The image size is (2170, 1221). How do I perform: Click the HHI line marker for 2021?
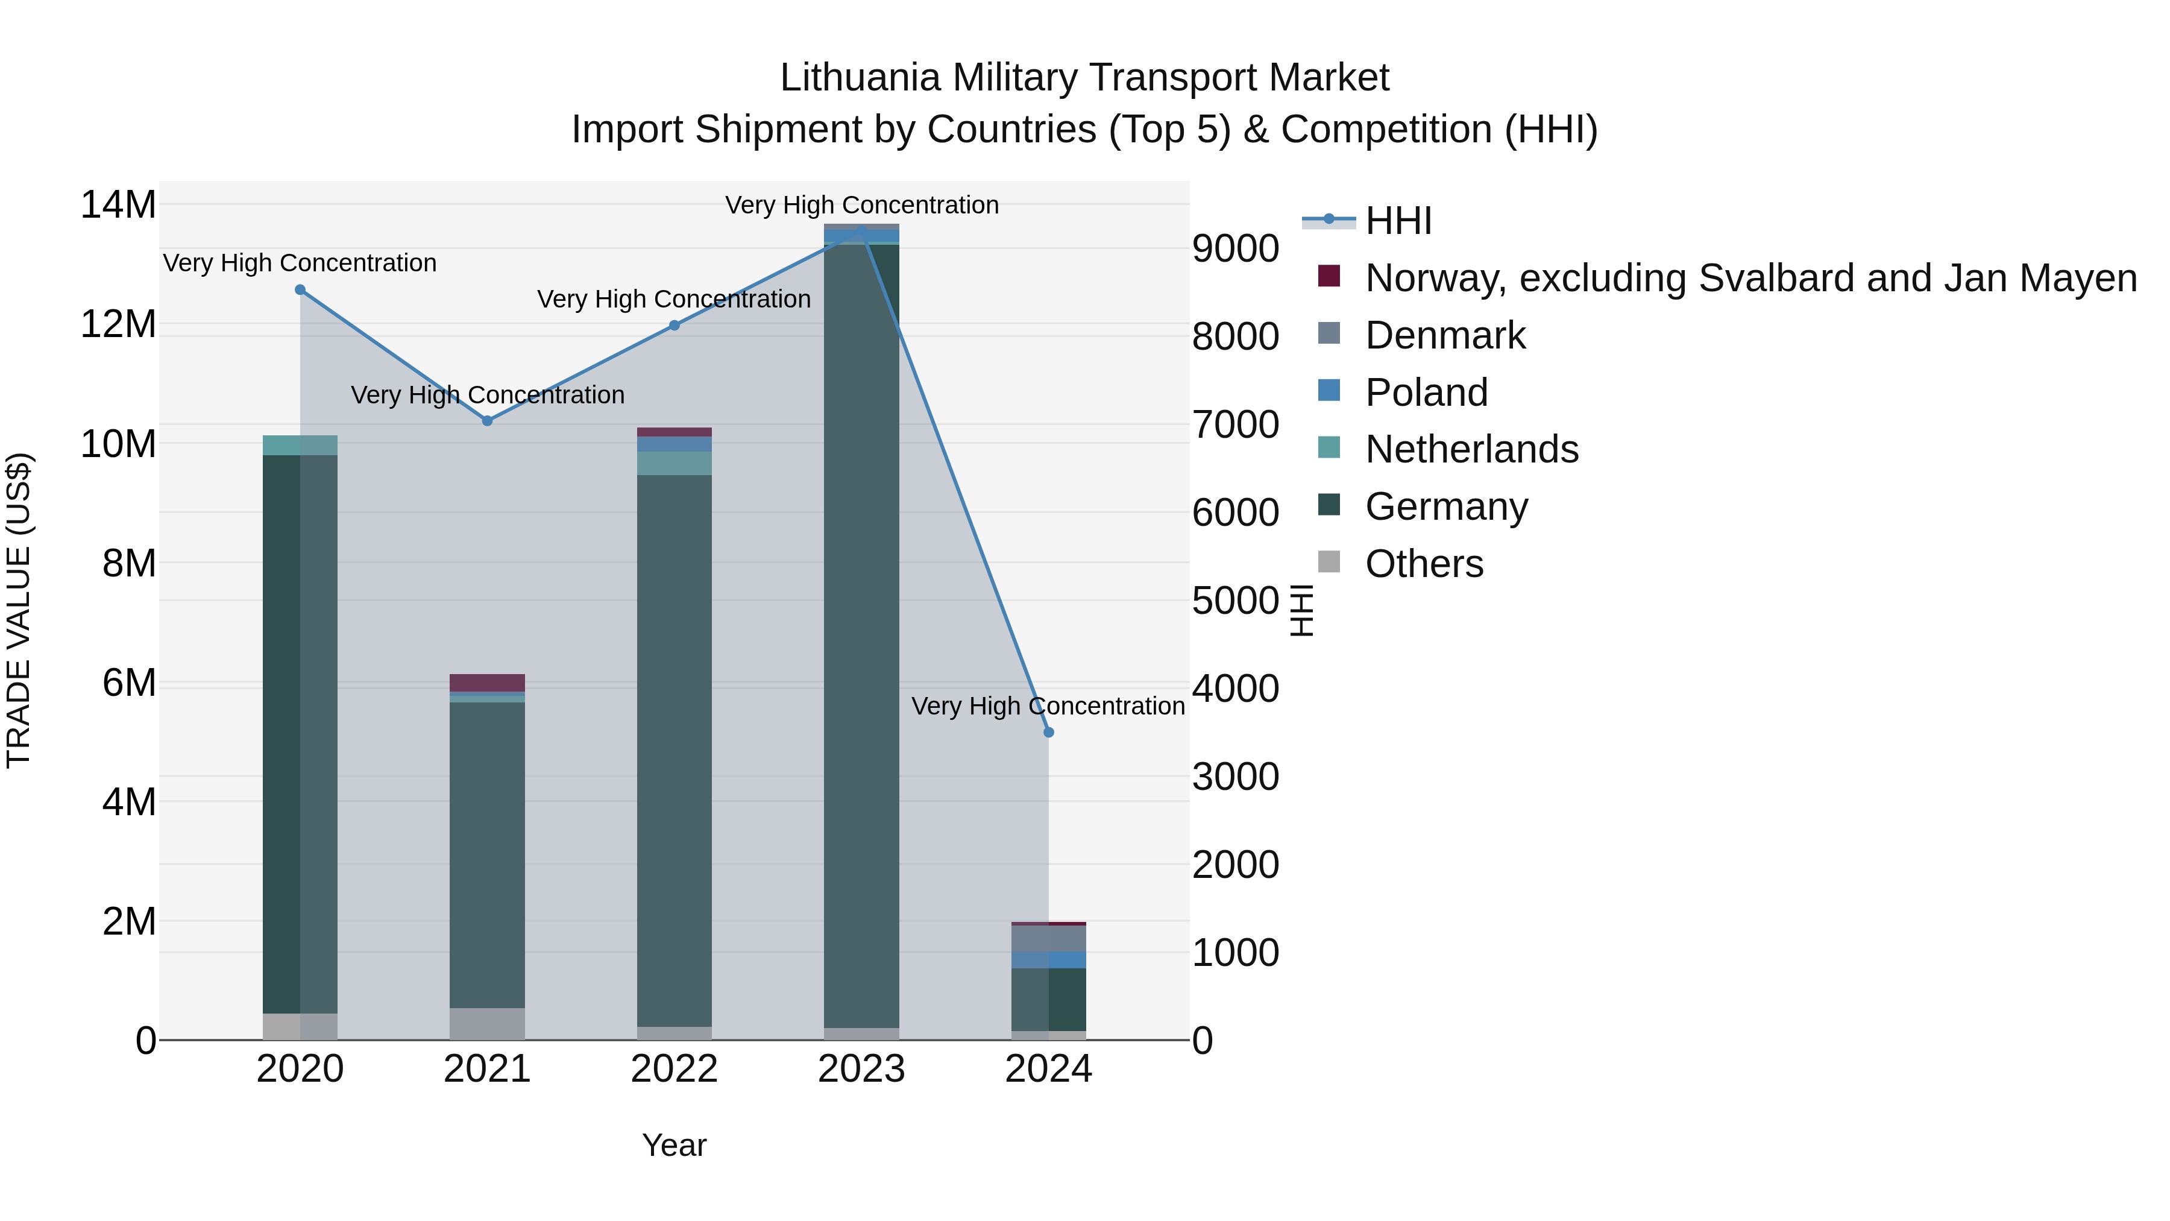(x=487, y=420)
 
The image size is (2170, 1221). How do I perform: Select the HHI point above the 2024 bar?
(x=1049, y=732)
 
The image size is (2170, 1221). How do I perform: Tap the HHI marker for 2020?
(x=300, y=290)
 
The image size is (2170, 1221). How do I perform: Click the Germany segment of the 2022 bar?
(x=674, y=750)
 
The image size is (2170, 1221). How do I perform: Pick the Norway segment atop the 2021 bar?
(x=487, y=683)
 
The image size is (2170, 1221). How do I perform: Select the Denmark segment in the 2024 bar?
(x=1049, y=938)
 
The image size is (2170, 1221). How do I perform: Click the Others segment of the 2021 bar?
(x=487, y=1024)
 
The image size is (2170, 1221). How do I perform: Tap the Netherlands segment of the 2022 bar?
(x=674, y=464)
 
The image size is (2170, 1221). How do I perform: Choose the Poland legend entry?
(x=1426, y=393)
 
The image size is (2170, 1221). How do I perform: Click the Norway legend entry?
(x=1750, y=278)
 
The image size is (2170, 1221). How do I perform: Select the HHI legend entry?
(x=1398, y=221)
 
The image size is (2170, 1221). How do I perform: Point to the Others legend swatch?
(x=1329, y=561)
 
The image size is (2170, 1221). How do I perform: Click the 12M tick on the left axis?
(x=118, y=324)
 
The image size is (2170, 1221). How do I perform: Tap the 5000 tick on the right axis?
(x=1235, y=601)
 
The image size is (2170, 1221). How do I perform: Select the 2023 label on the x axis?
(x=861, y=1069)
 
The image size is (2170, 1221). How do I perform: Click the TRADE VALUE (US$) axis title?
(x=19, y=610)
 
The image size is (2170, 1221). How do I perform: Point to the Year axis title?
(x=674, y=1145)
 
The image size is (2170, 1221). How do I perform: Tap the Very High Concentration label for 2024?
(x=1048, y=706)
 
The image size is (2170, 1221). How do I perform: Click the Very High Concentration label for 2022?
(x=674, y=299)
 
